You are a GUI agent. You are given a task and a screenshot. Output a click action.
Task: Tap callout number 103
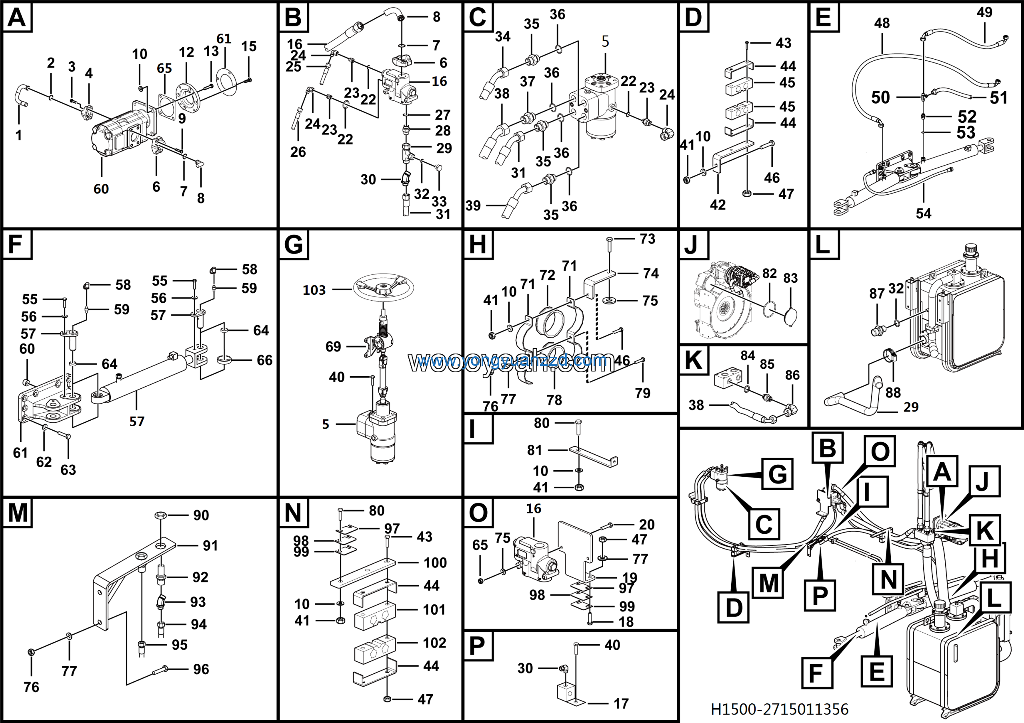pyautogui.click(x=314, y=290)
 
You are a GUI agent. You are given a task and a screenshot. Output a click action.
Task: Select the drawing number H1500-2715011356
pyautogui.click(x=779, y=709)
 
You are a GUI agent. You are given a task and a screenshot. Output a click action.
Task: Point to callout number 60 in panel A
pyautogui.click(x=101, y=189)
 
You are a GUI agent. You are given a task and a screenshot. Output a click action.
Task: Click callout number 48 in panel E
pyautogui.click(x=882, y=23)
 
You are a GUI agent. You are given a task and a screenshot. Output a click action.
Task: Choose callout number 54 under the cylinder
pyautogui.click(x=923, y=214)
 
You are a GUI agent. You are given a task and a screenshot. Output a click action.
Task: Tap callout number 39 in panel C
pyautogui.click(x=473, y=206)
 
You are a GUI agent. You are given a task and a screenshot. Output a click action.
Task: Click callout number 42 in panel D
pyautogui.click(x=718, y=205)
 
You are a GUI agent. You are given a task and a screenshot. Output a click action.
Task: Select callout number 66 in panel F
pyautogui.click(x=264, y=360)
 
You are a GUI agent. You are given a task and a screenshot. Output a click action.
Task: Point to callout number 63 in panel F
pyautogui.click(x=68, y=470)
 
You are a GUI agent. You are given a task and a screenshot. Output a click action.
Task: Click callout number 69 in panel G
pyautogui.click(x=333, y=346)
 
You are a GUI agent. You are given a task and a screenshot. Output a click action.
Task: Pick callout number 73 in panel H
pyautogui.click(x=647, y=239)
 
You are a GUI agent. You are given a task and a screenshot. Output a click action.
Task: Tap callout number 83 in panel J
pyautogui.click(x=790, y=278)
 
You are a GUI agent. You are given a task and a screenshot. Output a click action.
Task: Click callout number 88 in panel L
pyautogui.click(x=893, y=393)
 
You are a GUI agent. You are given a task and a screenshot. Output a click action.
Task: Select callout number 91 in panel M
pyautogui.click(x=210, y=545)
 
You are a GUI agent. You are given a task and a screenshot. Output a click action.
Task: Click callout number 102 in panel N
pyautogui.click(x=434, y=643)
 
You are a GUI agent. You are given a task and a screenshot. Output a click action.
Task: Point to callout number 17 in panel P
pyautogui.click(x=621, y=703)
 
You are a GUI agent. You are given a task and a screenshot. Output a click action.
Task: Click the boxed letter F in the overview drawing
pyautogui.click(x=816, y=673)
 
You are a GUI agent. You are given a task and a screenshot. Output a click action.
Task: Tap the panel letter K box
pyautogui.click(x=694, y=361)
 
